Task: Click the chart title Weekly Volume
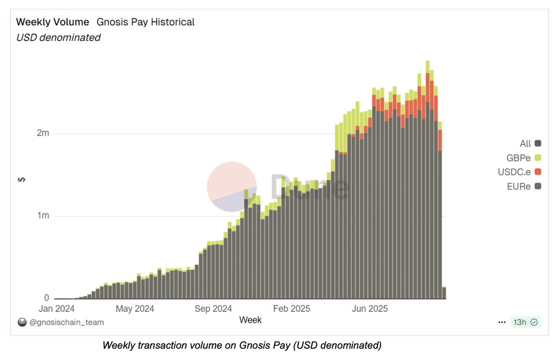(x=53, y=22)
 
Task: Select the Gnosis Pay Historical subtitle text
(x=146, y=22)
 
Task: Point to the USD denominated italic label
(x=58, y=38)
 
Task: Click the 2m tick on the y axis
(x=43, y=133)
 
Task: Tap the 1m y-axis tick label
(x=43, y=216)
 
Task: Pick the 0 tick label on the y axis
(x=47, y=298)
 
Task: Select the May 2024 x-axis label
(x=135, y=308)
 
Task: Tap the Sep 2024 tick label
(x=213, y=308)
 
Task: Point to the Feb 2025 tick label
(x=291, y=308)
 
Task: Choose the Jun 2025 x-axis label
(x=370, y=308)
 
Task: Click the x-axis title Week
(x=250, y=320)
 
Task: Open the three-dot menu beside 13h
(x=502, y=322)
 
